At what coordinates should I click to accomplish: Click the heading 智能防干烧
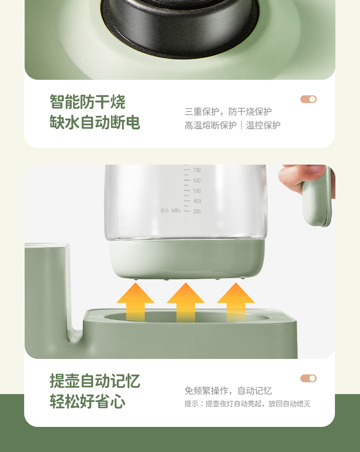[x=87, y=101]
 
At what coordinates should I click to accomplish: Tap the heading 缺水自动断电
[x=95, y=122]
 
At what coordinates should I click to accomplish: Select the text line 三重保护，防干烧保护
[x=228, y=112]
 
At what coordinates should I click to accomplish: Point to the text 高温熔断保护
[x=211, y=125]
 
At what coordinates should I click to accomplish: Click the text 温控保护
[x=263, y=125]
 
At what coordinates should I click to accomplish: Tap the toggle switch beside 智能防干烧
[x=309, y=99]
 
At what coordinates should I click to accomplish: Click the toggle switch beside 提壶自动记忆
[x=309, y=378]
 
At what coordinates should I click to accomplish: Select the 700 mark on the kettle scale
[x=197, y=171]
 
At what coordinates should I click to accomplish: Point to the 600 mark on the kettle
[x=197, y=181]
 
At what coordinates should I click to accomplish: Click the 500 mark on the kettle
[x=197, y=191]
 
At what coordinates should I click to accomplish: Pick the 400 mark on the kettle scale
[x=197, y=201]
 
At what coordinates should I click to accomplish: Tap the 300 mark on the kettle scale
[x=197, y=211]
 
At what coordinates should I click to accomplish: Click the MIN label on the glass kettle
[x=176, y=210]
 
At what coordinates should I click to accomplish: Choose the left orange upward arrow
[x=135, y=302]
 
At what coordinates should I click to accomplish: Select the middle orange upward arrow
[x=186, y=302]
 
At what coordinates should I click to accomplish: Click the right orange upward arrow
[x=236, y=302]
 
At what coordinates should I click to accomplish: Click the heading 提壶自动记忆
[x=95, y=380]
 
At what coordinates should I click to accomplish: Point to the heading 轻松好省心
[x=87, y=401]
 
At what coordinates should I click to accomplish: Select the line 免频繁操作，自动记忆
[x=228, y=390]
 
